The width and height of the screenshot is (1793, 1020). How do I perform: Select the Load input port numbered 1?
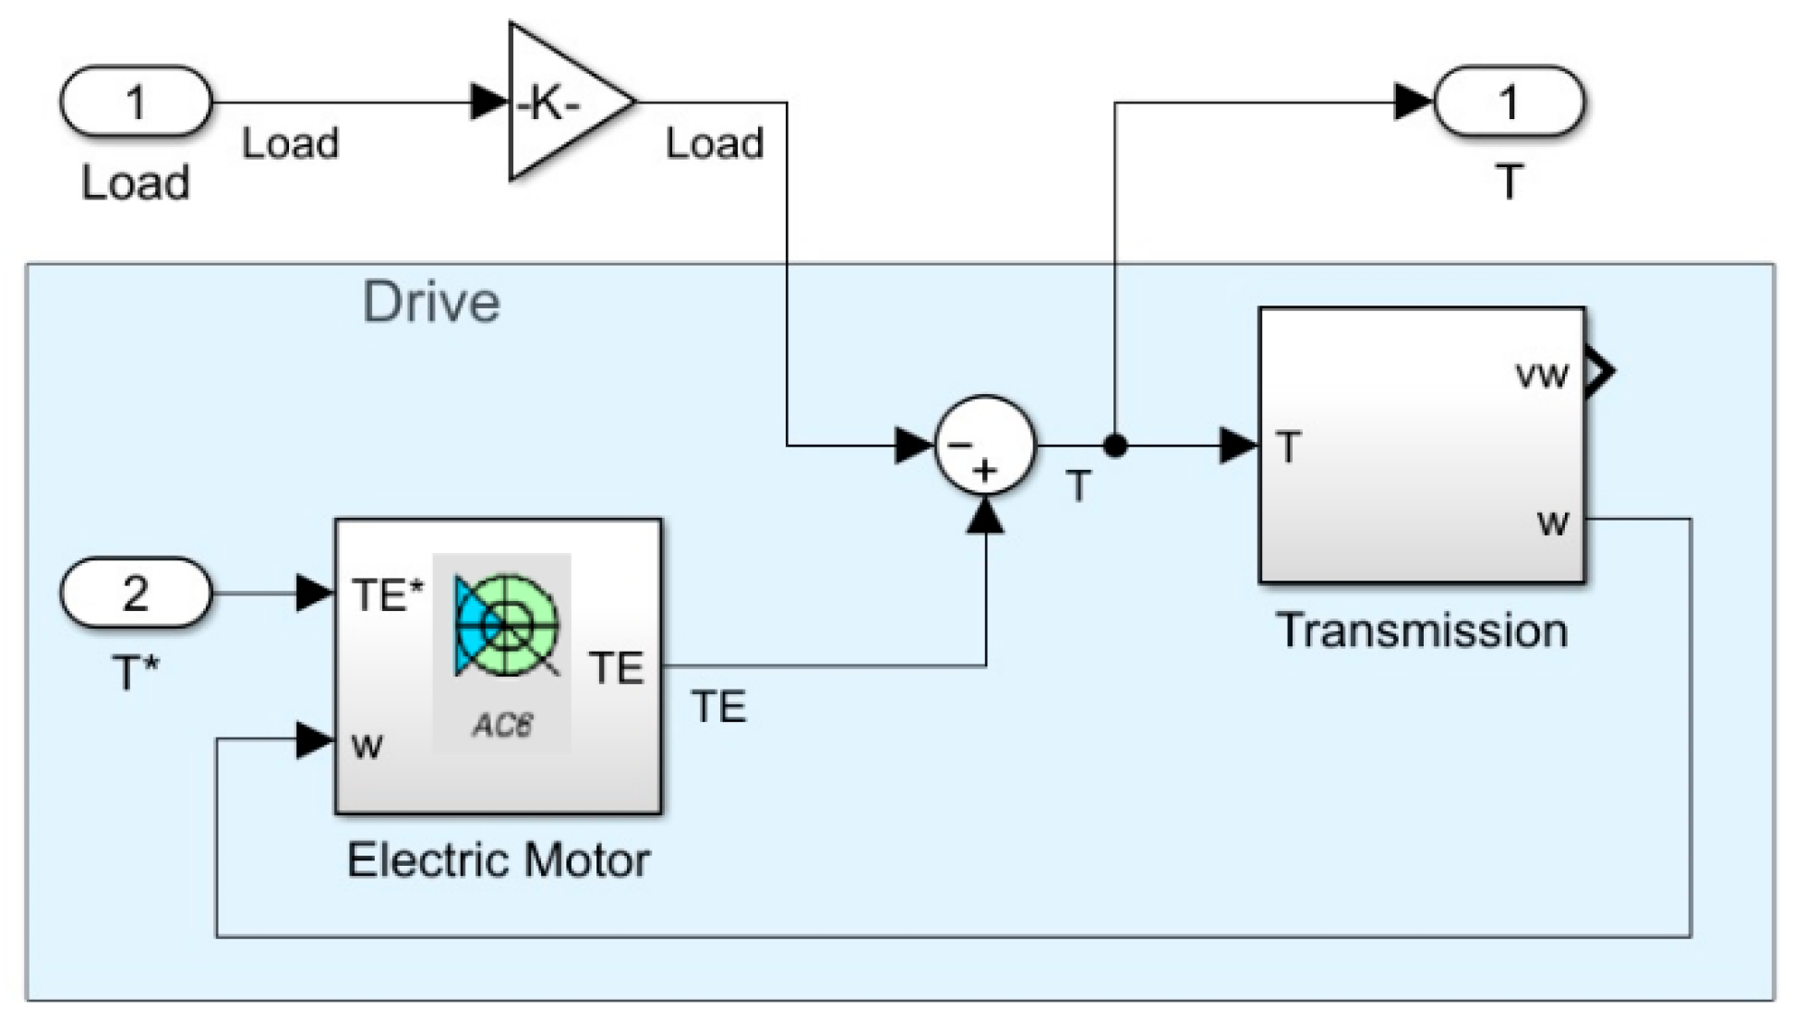click(136, 102)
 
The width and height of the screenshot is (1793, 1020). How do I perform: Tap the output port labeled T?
click(1508, 102)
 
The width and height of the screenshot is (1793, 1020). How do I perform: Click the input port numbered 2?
click(136, 593)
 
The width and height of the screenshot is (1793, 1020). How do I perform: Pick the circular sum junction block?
click(985, 447)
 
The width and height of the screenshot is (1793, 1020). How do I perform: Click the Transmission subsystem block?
click(1422, 445)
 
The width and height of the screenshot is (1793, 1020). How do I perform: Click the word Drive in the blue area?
click(430, 302)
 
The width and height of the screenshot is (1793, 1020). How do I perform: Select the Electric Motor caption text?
click(499, 860)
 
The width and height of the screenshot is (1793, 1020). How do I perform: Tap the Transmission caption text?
click(1422, 631)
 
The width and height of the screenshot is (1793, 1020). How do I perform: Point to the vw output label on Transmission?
click(1542, 375)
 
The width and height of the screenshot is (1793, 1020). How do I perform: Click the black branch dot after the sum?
click(1115, 447)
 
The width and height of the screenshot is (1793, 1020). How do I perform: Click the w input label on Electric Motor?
click(367, 745)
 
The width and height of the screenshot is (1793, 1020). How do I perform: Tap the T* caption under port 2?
click(136, 674)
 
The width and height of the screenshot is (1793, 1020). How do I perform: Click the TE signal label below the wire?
click(719, 707)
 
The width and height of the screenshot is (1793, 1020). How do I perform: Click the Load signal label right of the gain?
click(715, 144)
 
